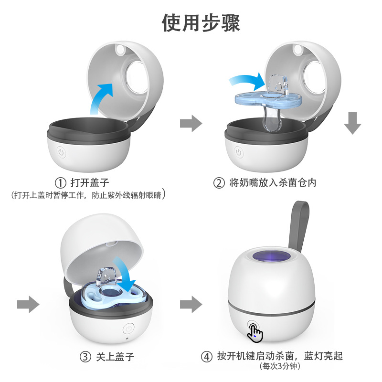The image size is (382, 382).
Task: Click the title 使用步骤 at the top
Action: [x=201, y=22]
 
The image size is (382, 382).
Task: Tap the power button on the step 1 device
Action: [x=61, y=152]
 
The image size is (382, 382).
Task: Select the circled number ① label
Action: [x=60, y=183]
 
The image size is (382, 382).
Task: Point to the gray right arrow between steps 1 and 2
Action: [x=191, y=124]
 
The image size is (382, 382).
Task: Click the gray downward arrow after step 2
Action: [x=352, y=124]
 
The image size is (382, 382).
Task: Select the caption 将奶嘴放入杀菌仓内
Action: [x=273, y=183]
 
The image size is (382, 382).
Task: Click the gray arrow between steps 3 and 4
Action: [x=191, y=304]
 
